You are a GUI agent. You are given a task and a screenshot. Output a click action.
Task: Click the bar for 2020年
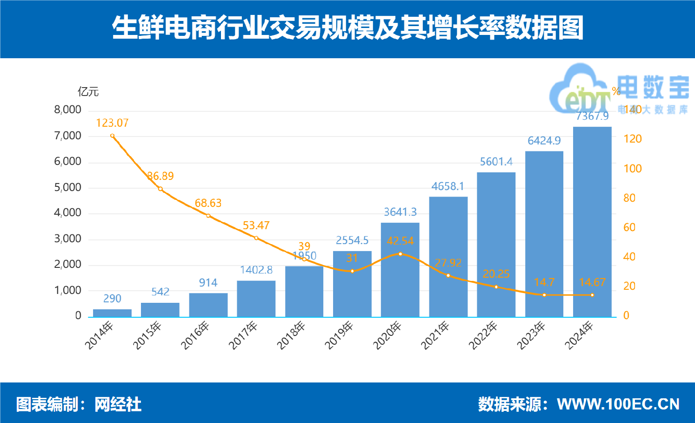pos(400,270)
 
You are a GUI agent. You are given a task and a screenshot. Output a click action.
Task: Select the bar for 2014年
pos(112,313)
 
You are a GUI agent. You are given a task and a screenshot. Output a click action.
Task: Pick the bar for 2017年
pos(256,299)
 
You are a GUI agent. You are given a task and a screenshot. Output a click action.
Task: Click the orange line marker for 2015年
pos(160,189)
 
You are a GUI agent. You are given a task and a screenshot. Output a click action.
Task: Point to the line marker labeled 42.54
pos(401,254)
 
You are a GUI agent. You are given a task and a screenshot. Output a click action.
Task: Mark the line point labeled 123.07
pos(113,136)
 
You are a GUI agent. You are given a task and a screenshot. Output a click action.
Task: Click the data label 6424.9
pos(544,141)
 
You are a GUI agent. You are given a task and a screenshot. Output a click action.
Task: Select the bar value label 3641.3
pos(400,212)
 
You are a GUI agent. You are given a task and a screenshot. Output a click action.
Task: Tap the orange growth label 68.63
pos(208,203)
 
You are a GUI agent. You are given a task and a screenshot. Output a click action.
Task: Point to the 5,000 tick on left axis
pos(67,187)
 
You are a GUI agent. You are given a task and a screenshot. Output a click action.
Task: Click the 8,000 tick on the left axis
pos(67,109)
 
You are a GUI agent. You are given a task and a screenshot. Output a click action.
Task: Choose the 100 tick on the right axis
pos(632,169)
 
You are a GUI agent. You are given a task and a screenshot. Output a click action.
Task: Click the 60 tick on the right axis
pos(629,227)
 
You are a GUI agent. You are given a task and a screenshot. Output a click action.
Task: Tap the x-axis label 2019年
pos(339,335)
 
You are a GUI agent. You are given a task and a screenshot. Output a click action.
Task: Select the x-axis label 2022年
pos(483,335)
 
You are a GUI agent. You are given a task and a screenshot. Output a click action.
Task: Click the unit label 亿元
pos(88,92)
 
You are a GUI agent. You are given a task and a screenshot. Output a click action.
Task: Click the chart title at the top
pos(347,27)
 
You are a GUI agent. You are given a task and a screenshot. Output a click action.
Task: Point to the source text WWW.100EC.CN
pos(618,404)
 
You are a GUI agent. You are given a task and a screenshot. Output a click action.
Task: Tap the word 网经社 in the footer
pos(118,404)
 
